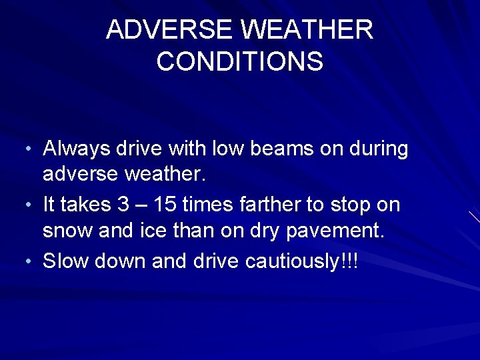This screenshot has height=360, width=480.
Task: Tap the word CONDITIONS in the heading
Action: [x=240, y=61]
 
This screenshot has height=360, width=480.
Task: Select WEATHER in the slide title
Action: [x=313, y=29]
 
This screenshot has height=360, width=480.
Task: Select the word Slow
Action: [x=66, y=262]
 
